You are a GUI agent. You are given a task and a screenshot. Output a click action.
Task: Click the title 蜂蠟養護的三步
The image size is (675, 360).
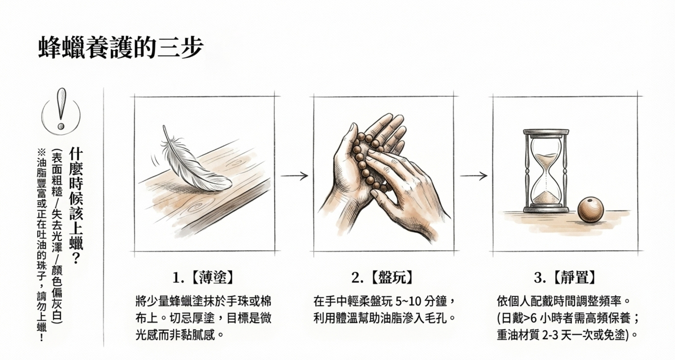(x=120, y=48)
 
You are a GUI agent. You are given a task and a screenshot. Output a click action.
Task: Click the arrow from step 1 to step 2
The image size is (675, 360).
(x=294, y=176)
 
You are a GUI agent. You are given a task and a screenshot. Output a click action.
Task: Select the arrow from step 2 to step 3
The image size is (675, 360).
(x=473, y=176)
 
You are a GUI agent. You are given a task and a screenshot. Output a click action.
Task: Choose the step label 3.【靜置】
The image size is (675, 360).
(x=565, y=277)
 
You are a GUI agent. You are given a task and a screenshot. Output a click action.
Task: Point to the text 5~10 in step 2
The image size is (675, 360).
(x=408, y=302)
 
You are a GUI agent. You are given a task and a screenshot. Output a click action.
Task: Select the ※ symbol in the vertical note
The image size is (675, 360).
(x=42, y=152)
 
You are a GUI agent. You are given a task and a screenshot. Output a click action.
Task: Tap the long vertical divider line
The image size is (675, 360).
(x=104, y=217)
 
